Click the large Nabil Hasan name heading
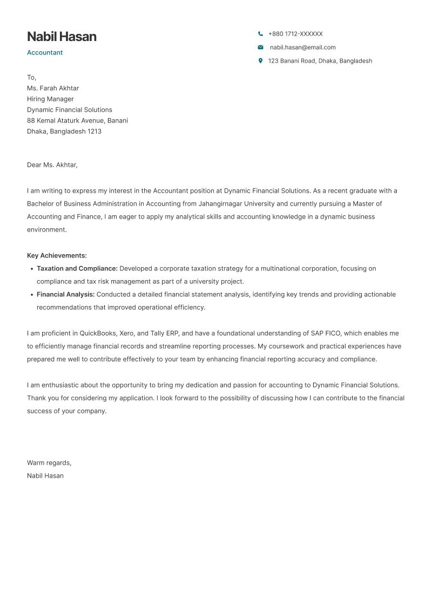pos(62,37)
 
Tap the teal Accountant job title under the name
pos(45,52)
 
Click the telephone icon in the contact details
pos(260,33)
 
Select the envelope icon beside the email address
pos(260,47)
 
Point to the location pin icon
pos(260,61)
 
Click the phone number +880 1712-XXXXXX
pos(295,33)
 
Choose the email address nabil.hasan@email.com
pos(302,47)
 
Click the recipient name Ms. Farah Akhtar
pos(53,88)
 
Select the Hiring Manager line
pos(50,99)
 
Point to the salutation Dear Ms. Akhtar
pos(52,165)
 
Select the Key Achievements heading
pos(57,255)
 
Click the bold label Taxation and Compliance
pos(77,268)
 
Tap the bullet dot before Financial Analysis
pos(31,295)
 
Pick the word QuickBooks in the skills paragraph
pos(98,333)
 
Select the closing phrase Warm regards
pos(49,463)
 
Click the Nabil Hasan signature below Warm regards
pos(45,476)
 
